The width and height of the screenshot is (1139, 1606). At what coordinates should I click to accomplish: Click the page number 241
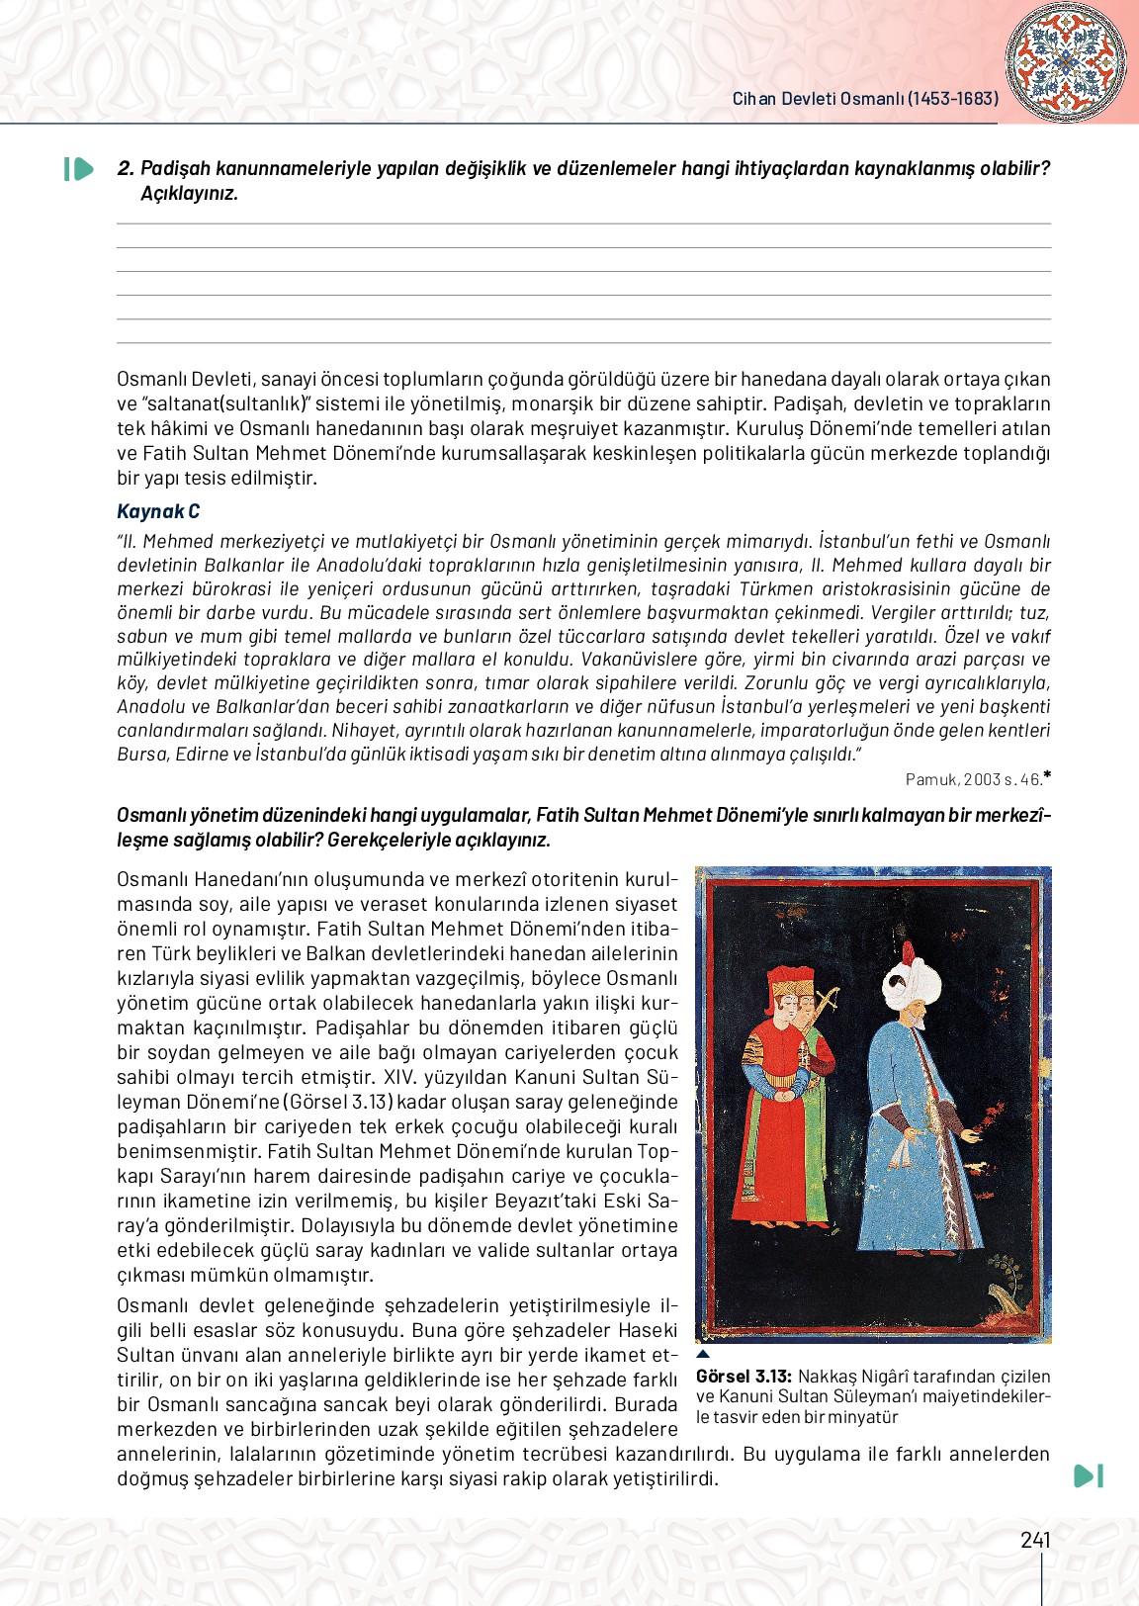[1035, 1540]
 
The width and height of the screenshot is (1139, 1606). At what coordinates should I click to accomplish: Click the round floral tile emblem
[1065, 61]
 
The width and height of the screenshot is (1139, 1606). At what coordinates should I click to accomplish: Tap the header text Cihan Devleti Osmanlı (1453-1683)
[865, 99]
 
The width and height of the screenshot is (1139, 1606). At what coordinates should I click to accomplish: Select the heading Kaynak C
[158, 511]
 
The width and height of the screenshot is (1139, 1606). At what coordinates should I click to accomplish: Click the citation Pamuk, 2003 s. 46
[974, 779]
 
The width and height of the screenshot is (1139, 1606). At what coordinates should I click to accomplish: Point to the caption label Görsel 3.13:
[744, 1377]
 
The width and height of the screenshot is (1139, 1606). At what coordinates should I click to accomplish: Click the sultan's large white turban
[913, 982]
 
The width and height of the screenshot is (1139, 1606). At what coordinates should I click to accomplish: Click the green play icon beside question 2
[78, 169]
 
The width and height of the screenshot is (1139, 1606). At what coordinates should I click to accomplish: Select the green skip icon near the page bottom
[1088, 1476]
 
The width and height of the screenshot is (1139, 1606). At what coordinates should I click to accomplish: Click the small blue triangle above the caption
[703, 1354]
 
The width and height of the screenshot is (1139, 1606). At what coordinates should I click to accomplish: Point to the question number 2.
[125, 169]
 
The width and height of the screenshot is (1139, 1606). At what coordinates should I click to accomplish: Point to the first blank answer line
[583, 223]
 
